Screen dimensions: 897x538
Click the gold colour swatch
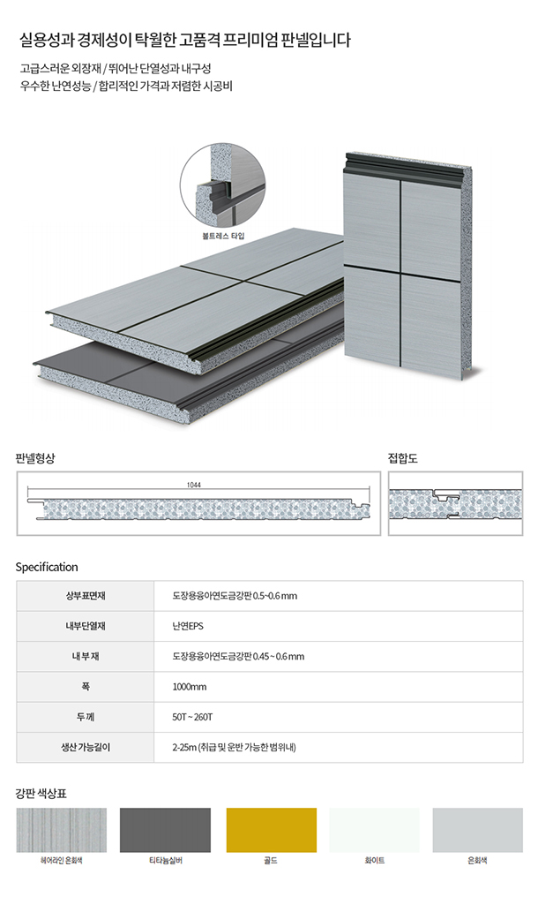(270, 830)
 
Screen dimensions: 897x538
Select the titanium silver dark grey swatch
(165, 830)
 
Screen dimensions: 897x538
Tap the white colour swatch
(374, 830)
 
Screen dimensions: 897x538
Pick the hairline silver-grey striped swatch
(61, 830)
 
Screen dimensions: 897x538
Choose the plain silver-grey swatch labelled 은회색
(477, 830)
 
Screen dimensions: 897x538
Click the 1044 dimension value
(194, 486)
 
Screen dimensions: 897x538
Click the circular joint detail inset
(221, 185)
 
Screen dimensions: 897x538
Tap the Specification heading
(47, 567)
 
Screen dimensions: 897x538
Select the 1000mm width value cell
(190, 687)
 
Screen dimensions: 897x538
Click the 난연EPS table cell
(189, 626)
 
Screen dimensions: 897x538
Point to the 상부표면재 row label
(85, 596)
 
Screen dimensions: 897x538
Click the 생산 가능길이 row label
(85, 747)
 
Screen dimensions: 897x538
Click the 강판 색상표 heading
(41, 793)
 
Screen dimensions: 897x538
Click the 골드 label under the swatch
(270, 860)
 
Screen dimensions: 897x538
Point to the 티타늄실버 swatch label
(165, 860)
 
